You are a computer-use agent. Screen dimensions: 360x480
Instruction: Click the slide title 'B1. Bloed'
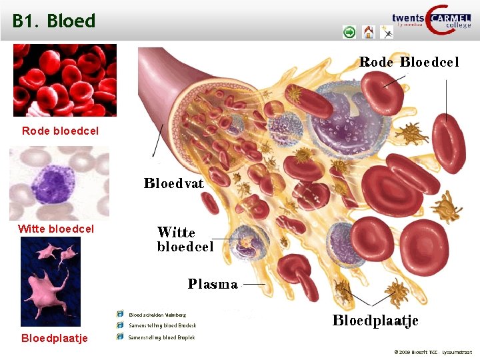(x=54, y=21)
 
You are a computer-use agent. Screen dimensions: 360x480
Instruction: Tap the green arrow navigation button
(x=349, y=31)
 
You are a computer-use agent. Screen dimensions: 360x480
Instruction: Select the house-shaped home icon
(x=369, y=31)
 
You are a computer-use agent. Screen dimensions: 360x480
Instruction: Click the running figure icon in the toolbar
(x=387, y=31)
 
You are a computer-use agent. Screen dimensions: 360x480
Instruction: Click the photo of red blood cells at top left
(x=65, y=80)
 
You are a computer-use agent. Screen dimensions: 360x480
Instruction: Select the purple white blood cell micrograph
(x=59, y=183)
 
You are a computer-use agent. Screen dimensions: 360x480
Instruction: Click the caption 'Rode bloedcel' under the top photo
(x=60, y=131)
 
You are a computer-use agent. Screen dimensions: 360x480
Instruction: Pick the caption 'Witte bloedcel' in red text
(x=56, y=229)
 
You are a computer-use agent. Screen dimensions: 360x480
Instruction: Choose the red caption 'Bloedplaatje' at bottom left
(x=55, y=338)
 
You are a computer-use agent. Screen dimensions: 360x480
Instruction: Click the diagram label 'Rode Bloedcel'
(x=409, y=62)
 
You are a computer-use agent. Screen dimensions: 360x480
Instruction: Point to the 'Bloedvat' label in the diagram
(x=174, y=182)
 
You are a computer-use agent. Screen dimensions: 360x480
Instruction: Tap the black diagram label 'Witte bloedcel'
(x=185, y=239)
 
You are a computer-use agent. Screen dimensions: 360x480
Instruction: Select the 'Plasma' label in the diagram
(x=213, y=284)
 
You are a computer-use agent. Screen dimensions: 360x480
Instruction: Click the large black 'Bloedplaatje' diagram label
(x=375, y=321)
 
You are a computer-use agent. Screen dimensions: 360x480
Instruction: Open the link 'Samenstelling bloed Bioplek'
(x=161, y=337)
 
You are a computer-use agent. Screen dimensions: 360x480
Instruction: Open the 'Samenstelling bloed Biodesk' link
(x=162, y=325)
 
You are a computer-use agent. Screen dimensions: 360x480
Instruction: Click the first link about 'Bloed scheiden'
(x=157, y=314)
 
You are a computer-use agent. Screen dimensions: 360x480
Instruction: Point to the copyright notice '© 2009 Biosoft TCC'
(x=433, y=351)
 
